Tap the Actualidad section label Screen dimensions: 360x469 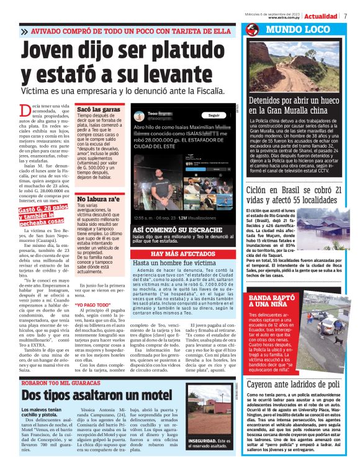pyautogui.click(x=320, y=16)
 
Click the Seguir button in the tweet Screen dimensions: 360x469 pyautogui.click(x=214, y=115)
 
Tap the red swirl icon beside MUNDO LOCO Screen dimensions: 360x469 pyautogui.click(x=252, y=30)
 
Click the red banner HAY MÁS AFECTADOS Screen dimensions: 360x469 pyautogui.click(x=182, y=254)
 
